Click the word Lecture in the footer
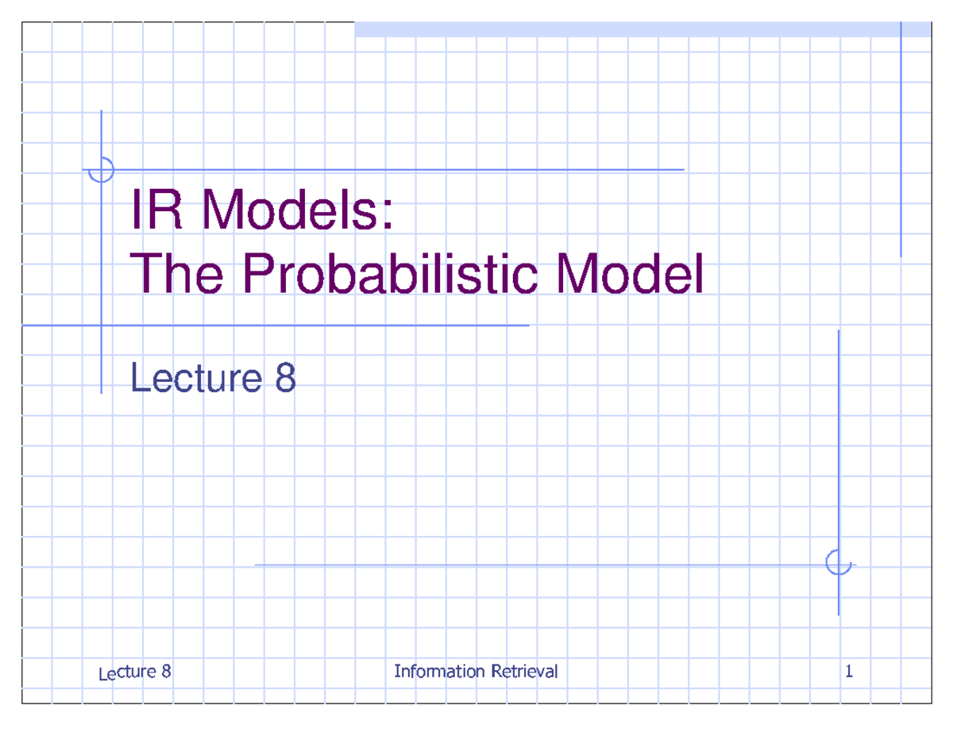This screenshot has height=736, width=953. pos(126,673)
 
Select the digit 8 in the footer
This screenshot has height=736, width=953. pos(165,672)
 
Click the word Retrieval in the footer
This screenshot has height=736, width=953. pos(525,672)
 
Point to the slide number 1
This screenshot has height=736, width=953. pos(849,672)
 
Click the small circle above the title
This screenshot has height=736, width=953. pos(102,169)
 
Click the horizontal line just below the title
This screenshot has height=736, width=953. pos(318,326)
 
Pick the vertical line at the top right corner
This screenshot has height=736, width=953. pos(901,139)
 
